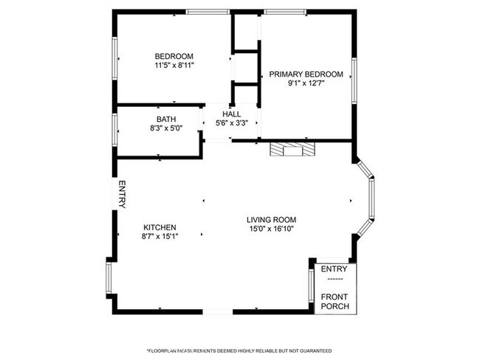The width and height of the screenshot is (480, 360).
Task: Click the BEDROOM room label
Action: tap(174, 56)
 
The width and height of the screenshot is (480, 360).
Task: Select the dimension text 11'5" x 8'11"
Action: tap(174, 66)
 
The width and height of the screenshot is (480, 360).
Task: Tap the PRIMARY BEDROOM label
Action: tap(306, 74)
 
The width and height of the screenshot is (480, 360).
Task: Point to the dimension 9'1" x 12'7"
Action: tap(306, 83)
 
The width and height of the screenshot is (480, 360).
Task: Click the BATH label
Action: tap(165, 119)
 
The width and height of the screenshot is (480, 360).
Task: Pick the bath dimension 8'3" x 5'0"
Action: tap(165, 128)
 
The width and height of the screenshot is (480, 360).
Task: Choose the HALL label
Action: tap(231, 114)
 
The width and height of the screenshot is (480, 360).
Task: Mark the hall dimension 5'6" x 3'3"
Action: tap(231, 123)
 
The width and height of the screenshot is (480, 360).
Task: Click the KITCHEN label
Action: tap(160, 227)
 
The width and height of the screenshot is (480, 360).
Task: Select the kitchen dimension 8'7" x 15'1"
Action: tap(160, 237)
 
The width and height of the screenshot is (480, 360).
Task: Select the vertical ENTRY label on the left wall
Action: tap(123, 195)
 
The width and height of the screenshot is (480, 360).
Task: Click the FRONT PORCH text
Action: tap(335, 301)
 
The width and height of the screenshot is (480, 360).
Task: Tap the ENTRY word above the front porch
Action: tap(334, 269)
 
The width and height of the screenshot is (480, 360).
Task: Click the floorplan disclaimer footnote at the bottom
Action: tap(239, 350)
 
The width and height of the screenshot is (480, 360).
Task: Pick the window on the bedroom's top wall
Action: tap(207, 12)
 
